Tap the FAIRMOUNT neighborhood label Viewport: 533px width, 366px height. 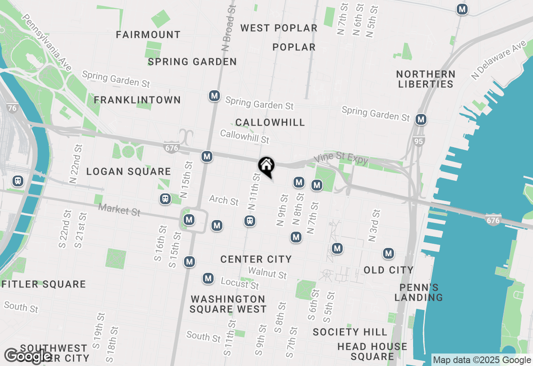point(148,35)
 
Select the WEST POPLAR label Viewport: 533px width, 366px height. point(279,28)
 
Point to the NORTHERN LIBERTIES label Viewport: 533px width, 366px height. point(425,79)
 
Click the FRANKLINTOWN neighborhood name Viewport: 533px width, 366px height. point(137,100)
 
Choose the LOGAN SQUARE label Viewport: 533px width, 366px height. point(129,171)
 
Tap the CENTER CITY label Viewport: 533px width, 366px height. point(256,260)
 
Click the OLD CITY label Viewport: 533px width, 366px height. point(389,270)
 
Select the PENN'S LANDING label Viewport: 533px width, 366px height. point(419,292)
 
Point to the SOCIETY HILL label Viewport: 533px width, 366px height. point(350,332)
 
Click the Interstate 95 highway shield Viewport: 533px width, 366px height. point(419,141)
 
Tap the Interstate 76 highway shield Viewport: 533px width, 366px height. point(12,108)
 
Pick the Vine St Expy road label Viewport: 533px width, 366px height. point(341,159)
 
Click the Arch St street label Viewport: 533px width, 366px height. point(224,200)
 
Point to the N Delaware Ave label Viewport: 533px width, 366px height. point(498,59)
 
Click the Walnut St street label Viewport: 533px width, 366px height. point(267,273)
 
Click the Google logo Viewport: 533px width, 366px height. point(28,356)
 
